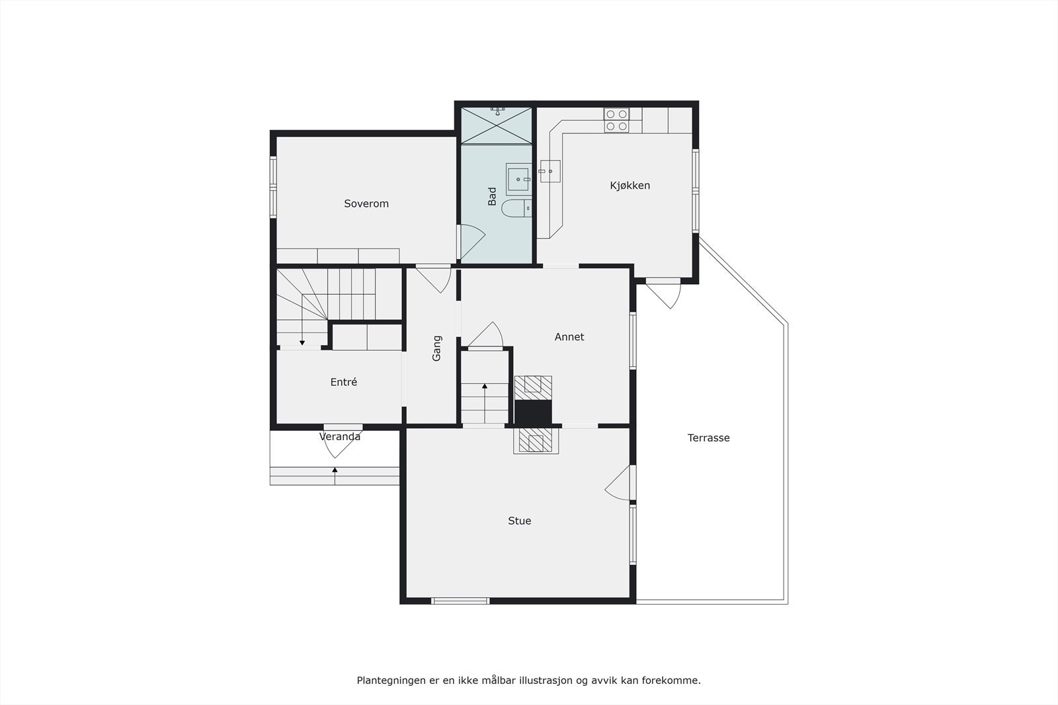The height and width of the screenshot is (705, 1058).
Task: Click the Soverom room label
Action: pyautogui.click(x=366, y=204)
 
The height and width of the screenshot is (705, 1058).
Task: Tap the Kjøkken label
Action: pyautogui.click(x=630, y=186)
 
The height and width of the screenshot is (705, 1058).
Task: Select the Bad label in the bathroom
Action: pyautogui.click(x=492, y=196)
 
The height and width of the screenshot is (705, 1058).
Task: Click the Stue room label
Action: pyautogui.click(x=519, y=521)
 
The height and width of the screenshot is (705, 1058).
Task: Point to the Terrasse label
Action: pyautogui.click(x=708, y=437)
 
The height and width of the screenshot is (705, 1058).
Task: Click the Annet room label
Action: pyautogui.click(x=569, y=337)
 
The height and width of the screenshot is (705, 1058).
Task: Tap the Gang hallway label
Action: pyautogui.click(x=436, y=348)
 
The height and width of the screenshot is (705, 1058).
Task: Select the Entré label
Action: pyautogui.click(x=343, y=382)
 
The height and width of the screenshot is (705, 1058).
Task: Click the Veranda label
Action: pyautogui.click(x=340, y=437)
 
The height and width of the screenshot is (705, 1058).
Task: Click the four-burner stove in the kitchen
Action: pyautogui.click(x=616, y=120)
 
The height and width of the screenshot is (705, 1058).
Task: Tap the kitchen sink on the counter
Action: pyautogui.click(x=549, y=171)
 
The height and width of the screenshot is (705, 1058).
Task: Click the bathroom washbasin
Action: pyautogui.click(x=519, y=179)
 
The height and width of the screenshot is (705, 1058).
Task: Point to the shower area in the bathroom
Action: pyautogui.click(x=497, y=125)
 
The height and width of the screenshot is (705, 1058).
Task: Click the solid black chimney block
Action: pyautogui.click(x=533, y=413)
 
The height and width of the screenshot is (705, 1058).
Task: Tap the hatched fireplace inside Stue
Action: pyautogui.click(x=536, y=441)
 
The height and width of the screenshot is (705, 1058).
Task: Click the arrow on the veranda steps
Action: pyautogui.click(x=335, y=470)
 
